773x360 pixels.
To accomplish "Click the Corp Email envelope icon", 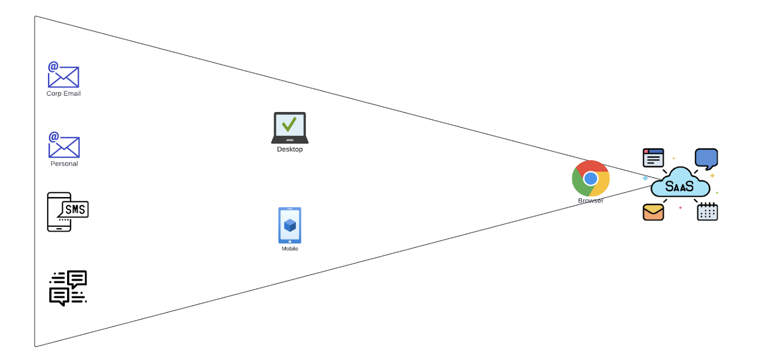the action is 64,77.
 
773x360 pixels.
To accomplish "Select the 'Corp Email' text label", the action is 63,94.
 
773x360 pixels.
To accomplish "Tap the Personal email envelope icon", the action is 64,147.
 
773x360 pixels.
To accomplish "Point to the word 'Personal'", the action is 64,164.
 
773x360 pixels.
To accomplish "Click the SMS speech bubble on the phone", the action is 75,209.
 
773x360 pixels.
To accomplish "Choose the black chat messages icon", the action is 68,288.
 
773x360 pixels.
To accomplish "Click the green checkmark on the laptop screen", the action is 289,124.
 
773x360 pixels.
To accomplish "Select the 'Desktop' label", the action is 290,149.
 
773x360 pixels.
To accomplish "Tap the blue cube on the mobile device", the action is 290,225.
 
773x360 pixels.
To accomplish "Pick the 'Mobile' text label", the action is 290,249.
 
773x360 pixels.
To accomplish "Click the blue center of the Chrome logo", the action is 591,179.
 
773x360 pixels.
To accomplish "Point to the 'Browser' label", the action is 591,201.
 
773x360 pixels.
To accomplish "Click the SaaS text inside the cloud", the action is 679,187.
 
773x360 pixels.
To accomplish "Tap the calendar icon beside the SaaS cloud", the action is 707,212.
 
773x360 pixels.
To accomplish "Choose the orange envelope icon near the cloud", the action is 653,212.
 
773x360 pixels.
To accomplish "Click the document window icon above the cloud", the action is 653,158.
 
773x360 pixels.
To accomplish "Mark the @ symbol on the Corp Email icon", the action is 53,67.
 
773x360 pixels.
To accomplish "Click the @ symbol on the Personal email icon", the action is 54,137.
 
